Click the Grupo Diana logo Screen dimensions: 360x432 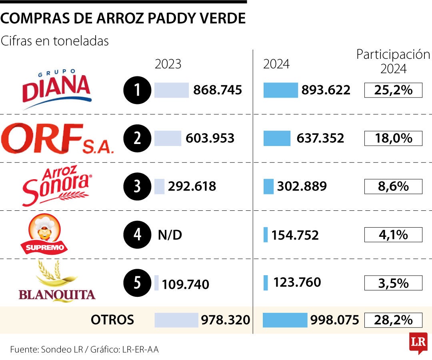pos(56,90)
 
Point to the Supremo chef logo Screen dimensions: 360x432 pos(45,234)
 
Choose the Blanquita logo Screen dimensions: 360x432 pos(57,282)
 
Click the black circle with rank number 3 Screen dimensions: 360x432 pos(137,186)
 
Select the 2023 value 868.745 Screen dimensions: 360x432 pos(218,90)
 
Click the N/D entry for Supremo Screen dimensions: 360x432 pos(170,235)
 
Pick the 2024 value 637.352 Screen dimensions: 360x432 pos(320,138)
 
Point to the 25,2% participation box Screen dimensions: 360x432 pos(393,90)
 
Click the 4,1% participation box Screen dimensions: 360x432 pos(393,235)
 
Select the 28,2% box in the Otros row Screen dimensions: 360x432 pos(393,320)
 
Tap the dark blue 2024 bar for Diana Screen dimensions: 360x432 pos(280,90)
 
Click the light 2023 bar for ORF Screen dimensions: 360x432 pos(168,138)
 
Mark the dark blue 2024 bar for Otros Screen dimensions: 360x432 pos(285,320)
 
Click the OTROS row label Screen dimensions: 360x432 pos(112,320)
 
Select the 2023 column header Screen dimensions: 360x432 pos(168,64)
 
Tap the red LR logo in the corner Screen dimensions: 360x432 pos(418,342)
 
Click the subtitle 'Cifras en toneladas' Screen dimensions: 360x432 pos(55,41)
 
